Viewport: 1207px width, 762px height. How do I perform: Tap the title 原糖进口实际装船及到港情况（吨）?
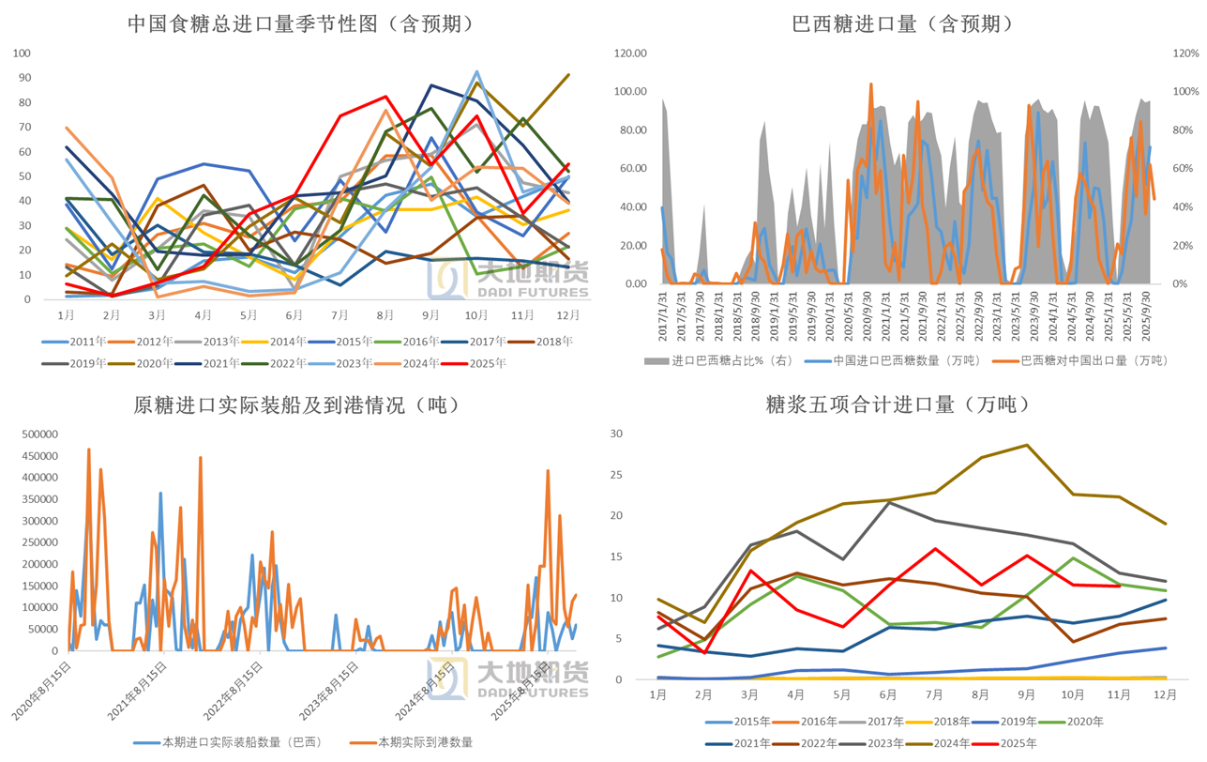click(295, 404)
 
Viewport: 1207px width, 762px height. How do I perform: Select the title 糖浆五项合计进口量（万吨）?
click(898, 404)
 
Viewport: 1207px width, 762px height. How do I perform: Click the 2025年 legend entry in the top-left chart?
click(479, 363)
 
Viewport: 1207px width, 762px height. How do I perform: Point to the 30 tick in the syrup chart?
click(616, 434)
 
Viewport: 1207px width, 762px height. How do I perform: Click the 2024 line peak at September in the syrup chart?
click(1027, 445)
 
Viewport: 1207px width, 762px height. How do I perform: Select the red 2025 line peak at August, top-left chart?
click(385, 96)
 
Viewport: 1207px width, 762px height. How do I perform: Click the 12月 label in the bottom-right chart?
click(1165, 694)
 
